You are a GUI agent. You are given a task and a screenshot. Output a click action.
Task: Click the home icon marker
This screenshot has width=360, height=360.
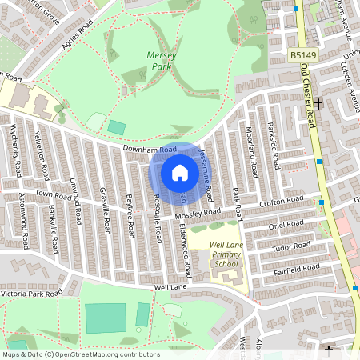179,172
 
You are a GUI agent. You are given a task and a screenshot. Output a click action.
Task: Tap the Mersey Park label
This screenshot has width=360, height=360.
159,61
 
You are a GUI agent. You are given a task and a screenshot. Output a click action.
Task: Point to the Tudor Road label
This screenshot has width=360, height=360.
291,246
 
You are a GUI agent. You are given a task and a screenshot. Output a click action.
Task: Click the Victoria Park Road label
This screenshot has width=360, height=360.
31,294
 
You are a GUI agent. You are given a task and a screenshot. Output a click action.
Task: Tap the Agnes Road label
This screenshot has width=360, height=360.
78,36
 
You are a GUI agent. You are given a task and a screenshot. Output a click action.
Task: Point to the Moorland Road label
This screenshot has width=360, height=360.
250,153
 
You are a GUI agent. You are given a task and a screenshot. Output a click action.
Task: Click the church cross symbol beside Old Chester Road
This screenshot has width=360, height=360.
318,103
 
